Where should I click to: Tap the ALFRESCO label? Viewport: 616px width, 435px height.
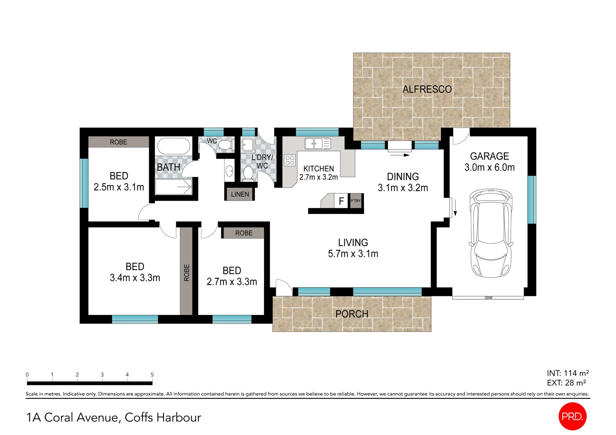coord(427,89)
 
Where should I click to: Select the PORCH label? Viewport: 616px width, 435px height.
coord(352,314)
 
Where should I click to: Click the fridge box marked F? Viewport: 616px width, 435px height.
coord(341,201)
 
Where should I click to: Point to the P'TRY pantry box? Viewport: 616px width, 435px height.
coord(356,201)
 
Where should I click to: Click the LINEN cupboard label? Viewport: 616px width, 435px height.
coord(240,194)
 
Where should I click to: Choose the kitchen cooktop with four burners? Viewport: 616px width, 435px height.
coord(289,160)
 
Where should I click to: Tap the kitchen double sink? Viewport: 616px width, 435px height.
coord(317,143)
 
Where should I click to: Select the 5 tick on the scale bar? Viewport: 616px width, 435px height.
coord(152,375)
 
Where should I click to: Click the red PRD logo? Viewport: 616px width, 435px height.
coord(572,416)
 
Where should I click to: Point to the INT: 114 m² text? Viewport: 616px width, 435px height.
coord(568,373)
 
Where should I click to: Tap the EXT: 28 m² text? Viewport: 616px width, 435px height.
coord(566,383)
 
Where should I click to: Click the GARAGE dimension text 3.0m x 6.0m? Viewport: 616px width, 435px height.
coord(489,168)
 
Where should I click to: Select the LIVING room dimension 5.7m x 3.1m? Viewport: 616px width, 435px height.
coord(353,254)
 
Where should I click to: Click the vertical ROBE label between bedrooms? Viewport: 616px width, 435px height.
coord(186,272)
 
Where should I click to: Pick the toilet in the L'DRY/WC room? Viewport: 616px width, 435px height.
coord(249,174)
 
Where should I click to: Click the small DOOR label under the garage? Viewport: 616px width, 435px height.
coord(489,298)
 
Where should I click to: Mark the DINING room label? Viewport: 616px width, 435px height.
coord(403,176)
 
